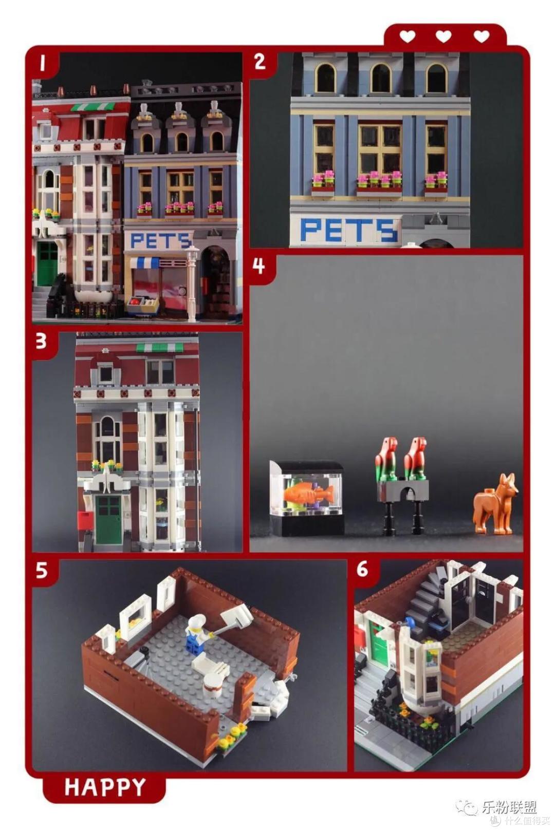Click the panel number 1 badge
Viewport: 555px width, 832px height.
click(x=43, y=63)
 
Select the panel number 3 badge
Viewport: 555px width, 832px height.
click(x=42, y=342)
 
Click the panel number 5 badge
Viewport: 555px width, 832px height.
click(x=42, y=571)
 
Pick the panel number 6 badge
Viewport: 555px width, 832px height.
click(x=362, y=570)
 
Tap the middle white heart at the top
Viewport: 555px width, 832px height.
click(x=443, y=37)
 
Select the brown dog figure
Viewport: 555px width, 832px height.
click(x=495, y=503)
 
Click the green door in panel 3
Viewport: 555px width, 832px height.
click(x=108, y=520)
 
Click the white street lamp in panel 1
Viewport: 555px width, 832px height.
click(x=192, y=282)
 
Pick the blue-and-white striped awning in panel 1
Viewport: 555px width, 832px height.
click(x=144, y=262)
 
